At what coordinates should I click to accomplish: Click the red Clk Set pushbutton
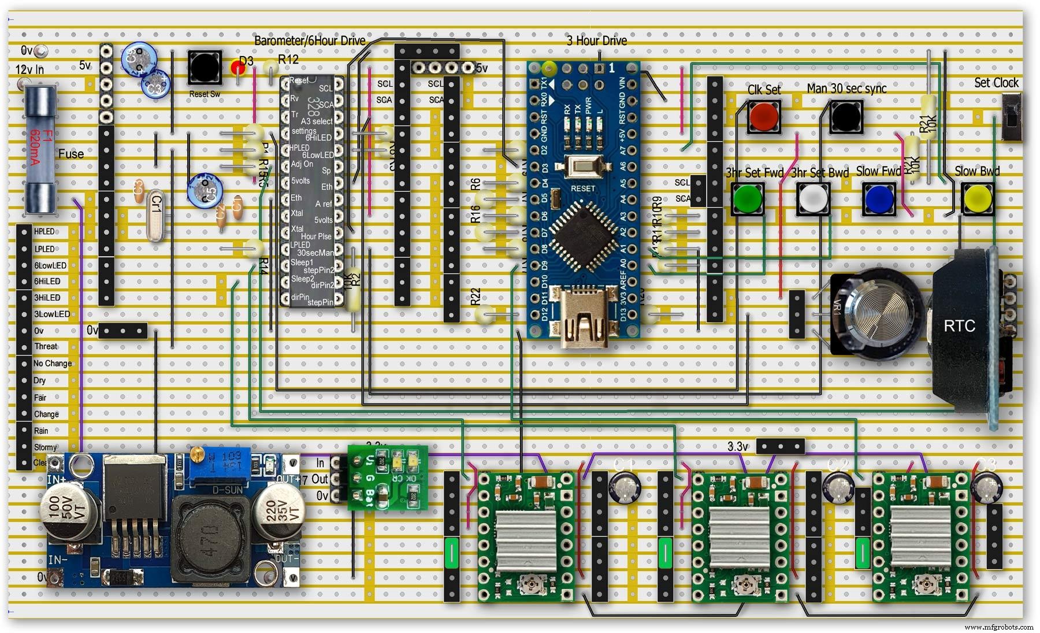(763, 116)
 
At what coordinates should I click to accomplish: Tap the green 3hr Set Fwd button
(747, 199)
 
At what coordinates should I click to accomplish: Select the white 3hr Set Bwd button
(813, 199)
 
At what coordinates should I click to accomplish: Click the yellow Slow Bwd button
(977, 199)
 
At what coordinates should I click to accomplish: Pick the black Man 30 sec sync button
(845, 116)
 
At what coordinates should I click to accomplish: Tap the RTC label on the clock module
(959, 326)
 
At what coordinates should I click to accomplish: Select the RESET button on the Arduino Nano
(582, 168)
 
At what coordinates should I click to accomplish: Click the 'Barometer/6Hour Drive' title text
(310, 40)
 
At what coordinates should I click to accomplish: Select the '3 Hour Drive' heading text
(596, 40)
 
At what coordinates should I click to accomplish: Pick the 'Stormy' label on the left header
(45, 447)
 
